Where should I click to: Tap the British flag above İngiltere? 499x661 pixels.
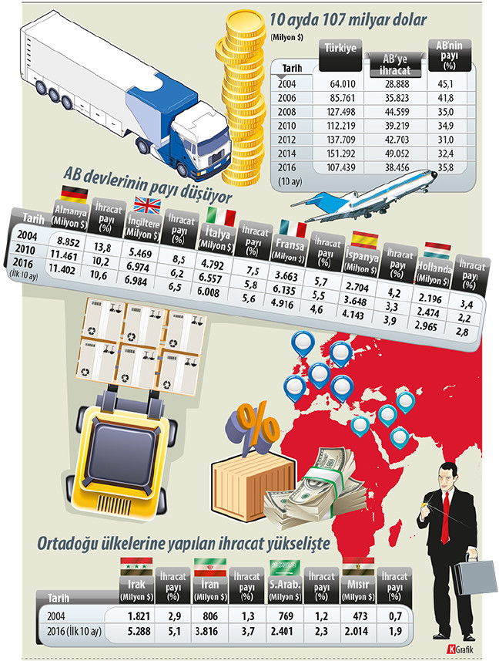(146, 204)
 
